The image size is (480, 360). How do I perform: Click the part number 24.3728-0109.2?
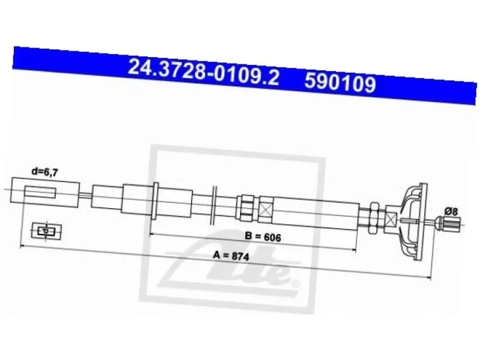pyautogui.click(x=203, y=72)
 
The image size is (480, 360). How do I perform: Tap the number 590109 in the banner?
pyautogui.click(x=340, y=83)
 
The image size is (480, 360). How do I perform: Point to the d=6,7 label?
pyautogui.click(x=45, y=172)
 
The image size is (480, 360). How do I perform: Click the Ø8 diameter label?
pyautogui.click(x=451, y=211)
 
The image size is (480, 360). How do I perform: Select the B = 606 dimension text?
pyautogui.click(x=263, y=236)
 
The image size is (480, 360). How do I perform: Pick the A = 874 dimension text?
pyautogui.click(x=231, y=256)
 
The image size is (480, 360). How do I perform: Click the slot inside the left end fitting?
pyautogui.click(x=40, y=192)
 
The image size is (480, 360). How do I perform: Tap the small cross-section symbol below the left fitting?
pyautogui.click(x=47, y=231)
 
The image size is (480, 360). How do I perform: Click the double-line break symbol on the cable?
pyautogui.click(x=214, y=204)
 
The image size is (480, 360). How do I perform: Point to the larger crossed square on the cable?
pyautogui.click(x=266, y=210)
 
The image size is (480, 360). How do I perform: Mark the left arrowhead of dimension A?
pyautogui.click(x=22, y=246)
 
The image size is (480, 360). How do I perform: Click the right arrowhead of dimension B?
pyautogui.click(x=354, y=250)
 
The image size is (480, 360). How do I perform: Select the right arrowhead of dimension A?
pyautogui.click(x=429, y=277)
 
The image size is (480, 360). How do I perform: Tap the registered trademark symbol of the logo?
pyautogui.click(x=295, y=283)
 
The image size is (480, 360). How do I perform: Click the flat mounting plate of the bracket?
pyautogui.click(x=423, y=222)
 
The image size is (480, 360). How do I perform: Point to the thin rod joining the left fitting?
pyautogui.click(x=85, y=195)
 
